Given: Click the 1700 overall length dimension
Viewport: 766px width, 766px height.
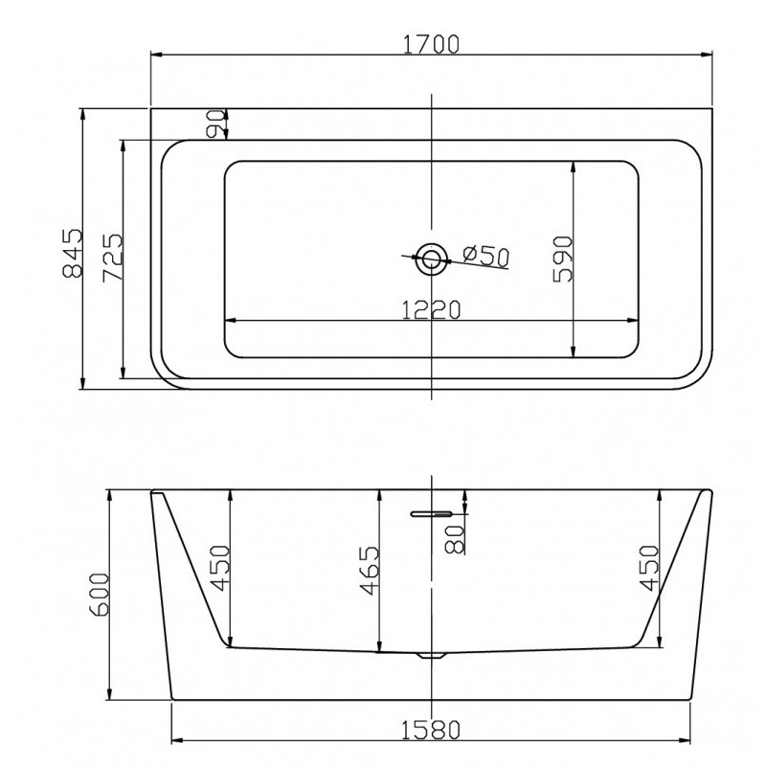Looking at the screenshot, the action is [x=432, y=44].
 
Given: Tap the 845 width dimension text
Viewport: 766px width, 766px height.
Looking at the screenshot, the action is [x=74, y=253].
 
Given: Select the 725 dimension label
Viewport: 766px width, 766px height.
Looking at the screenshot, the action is [x=113, y=258].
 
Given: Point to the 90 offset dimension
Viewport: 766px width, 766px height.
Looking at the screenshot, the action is [x=214, y=124].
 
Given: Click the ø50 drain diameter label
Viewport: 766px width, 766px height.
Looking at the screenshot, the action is [x=486, y=255].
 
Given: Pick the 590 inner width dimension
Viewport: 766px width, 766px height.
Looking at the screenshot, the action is [x=562, y=259].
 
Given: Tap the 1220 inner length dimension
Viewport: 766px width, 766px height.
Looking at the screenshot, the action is [x=431, y=309].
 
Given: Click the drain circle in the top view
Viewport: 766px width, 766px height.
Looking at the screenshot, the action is [x=431, y=259].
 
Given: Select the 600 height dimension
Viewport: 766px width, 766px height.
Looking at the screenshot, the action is [x=101, y=595].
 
